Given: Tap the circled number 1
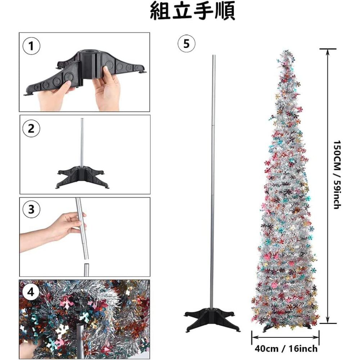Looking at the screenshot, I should (x=32, y=46).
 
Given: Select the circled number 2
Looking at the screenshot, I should (x=31, y=129).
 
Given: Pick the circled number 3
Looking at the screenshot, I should (x=31, y=210).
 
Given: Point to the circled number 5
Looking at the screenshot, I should (x=186, y=44).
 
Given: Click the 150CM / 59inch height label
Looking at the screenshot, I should (x=337, y=175).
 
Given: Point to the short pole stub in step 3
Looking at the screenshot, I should (x=86, y=270).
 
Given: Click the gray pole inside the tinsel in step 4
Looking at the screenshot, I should (x=81, y=338).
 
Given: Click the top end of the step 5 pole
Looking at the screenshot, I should (x=214, y=56).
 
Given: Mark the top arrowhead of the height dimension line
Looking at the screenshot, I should (x=327, y=51).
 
